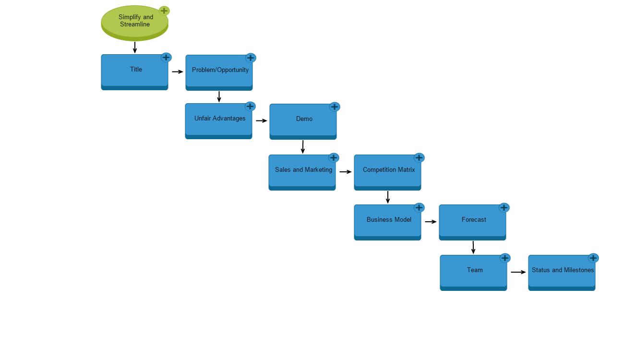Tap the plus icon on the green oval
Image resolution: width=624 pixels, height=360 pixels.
coord(164,11)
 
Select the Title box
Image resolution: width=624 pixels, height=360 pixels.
coord(134,71)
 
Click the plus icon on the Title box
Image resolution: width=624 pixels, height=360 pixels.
coord(166,58)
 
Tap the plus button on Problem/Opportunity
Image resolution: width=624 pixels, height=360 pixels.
coord(251,58)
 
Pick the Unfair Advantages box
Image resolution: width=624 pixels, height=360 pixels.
coord(218,120)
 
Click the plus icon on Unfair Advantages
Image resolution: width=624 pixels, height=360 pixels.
coord(250,106)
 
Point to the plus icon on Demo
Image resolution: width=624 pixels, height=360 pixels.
coord(335,107)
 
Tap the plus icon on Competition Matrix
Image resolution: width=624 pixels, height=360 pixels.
coord(419,157)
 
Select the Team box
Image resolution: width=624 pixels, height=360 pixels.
coord(473,271)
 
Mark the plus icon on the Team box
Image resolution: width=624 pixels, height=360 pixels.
coord(505,258)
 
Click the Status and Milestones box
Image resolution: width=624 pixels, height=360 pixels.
coord(562,271)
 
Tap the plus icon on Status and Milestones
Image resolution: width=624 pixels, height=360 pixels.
coord(593,258)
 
